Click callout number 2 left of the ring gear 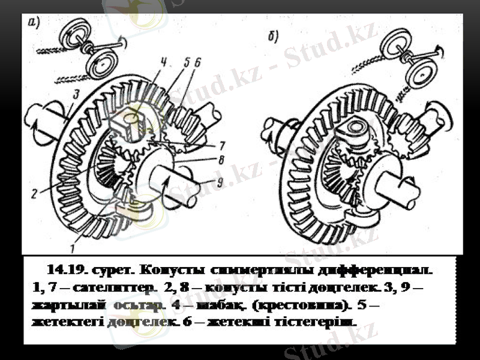click(35, 193)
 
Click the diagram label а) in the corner click(34, 23)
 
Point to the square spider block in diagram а click(131, 125)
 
